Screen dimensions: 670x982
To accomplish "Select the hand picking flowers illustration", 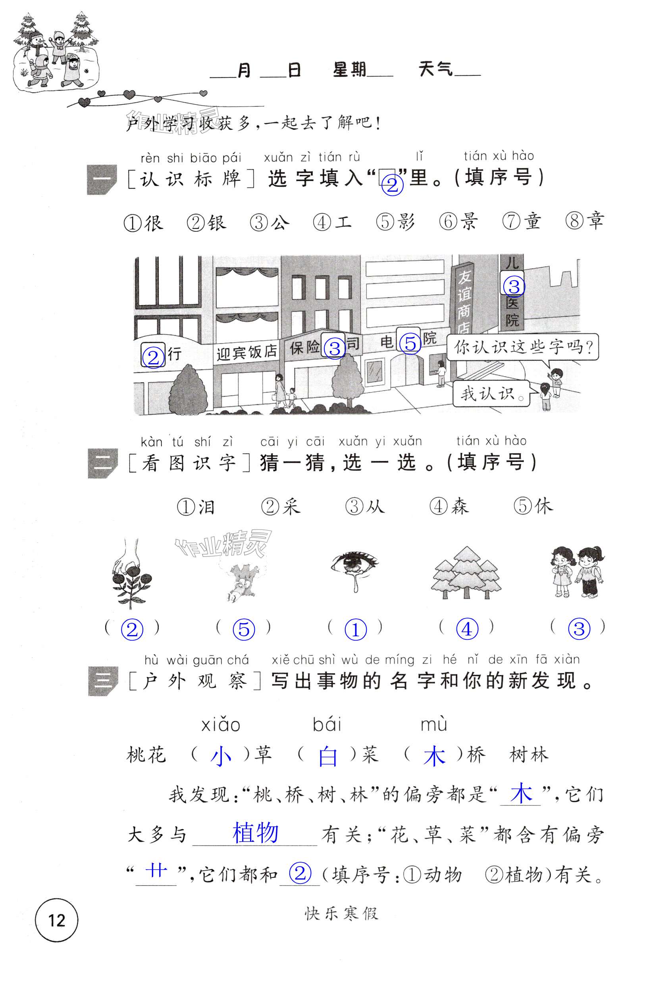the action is (x=131, y=572).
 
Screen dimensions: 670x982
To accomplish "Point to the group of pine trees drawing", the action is (x=466, y=572).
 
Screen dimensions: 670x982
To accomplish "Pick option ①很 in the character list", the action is (x=143, y=223).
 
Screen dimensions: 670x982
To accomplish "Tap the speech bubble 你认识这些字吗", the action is (x=523, y=348).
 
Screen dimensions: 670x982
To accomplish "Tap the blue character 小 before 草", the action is (x=221, y=765).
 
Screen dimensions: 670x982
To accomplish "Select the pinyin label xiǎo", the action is (x=221, y=725).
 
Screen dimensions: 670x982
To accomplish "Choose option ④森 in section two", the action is (x=449, y=506).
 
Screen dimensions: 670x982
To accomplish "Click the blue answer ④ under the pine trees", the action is (x=467, y=629).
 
